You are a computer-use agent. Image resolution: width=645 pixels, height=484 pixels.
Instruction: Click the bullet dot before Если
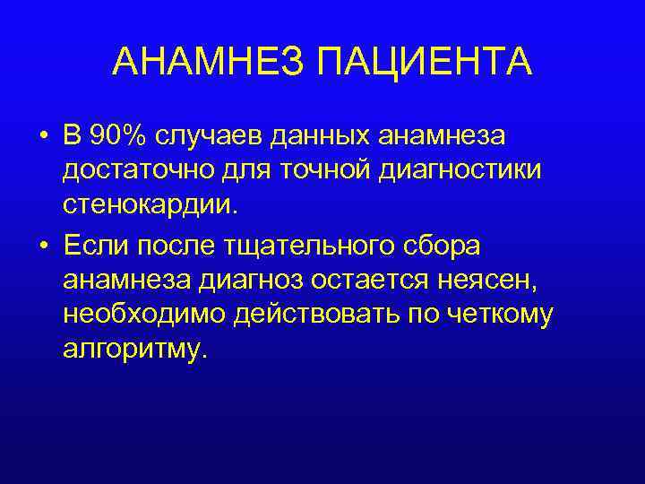tap(43, 244)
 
